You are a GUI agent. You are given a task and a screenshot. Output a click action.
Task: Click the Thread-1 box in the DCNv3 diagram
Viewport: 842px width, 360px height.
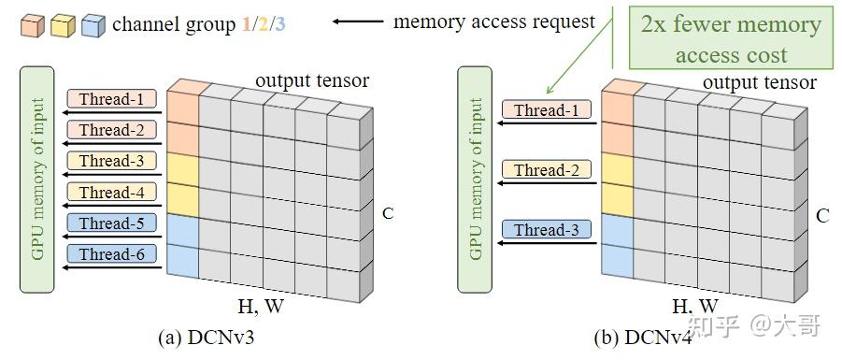click(x=111, y=98)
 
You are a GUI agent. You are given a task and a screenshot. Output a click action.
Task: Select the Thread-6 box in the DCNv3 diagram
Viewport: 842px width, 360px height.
click(x=111, y=253)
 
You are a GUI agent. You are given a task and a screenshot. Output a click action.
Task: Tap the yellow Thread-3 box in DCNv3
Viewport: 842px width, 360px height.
click(x=111, y=161)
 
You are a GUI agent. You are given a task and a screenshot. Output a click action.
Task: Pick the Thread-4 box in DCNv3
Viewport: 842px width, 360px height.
click(x=111, y=192)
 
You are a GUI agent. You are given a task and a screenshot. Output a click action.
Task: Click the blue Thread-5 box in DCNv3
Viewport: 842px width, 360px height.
click(x=111, y=223)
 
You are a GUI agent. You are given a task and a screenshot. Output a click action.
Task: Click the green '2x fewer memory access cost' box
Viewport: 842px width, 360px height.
click(x=732, y=39)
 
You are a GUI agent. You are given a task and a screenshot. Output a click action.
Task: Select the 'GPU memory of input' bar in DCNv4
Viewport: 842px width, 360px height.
click(x=477, y=179)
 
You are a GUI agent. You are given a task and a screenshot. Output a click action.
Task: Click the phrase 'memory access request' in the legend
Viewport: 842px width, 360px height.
click(x=494, y=22)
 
